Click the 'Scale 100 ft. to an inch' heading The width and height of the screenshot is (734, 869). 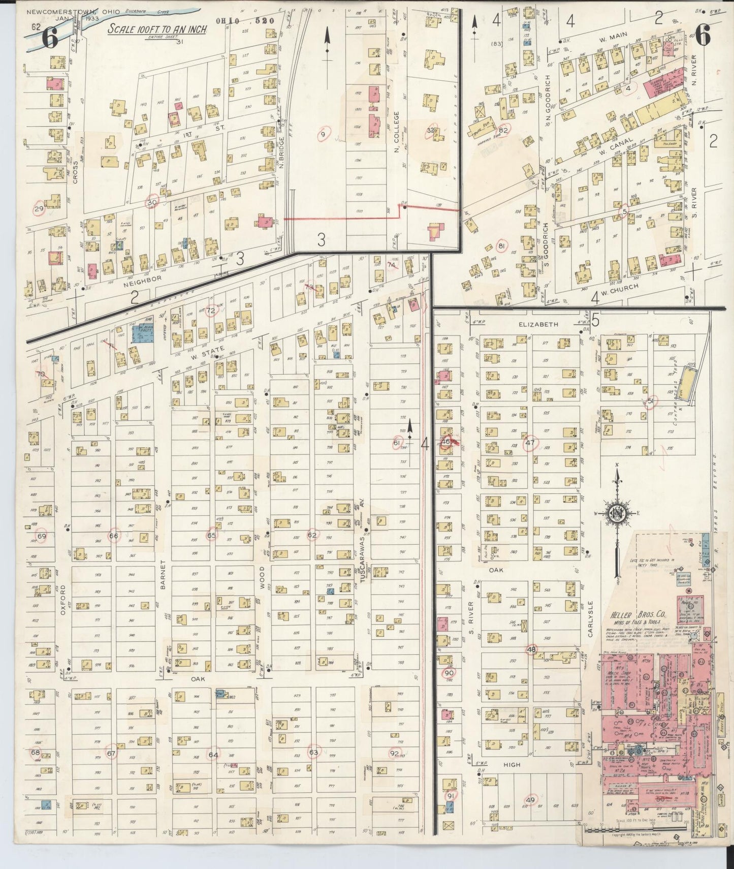(x=157, y=29)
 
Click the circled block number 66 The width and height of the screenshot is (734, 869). (x=114, y=536)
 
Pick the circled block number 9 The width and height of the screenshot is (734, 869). (x=323, y=135)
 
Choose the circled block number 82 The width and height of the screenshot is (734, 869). (x=504, y=130)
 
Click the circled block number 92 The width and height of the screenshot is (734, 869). (x=395, y=753)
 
